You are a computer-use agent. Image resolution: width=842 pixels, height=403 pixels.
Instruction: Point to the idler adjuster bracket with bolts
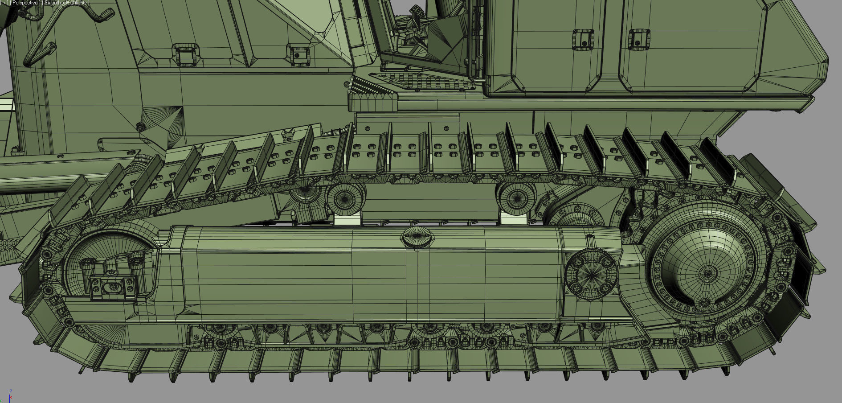pyautogui.click(x=114, y=283)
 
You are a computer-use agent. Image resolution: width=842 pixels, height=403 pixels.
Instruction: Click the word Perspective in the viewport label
pyautogui.click(x=25, y=3)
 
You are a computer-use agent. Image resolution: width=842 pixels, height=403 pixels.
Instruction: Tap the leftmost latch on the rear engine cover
pyautogui.click(x=583, y=40)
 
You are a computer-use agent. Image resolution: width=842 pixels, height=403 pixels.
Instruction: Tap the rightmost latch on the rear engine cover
pyautogui.click(x=638, y=40)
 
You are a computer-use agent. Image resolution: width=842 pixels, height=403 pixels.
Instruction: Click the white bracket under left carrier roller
pyautogui.click(x=347, y=219)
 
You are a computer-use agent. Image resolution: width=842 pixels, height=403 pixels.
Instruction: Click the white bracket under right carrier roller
pyautogui.click(x=514, y=218)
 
